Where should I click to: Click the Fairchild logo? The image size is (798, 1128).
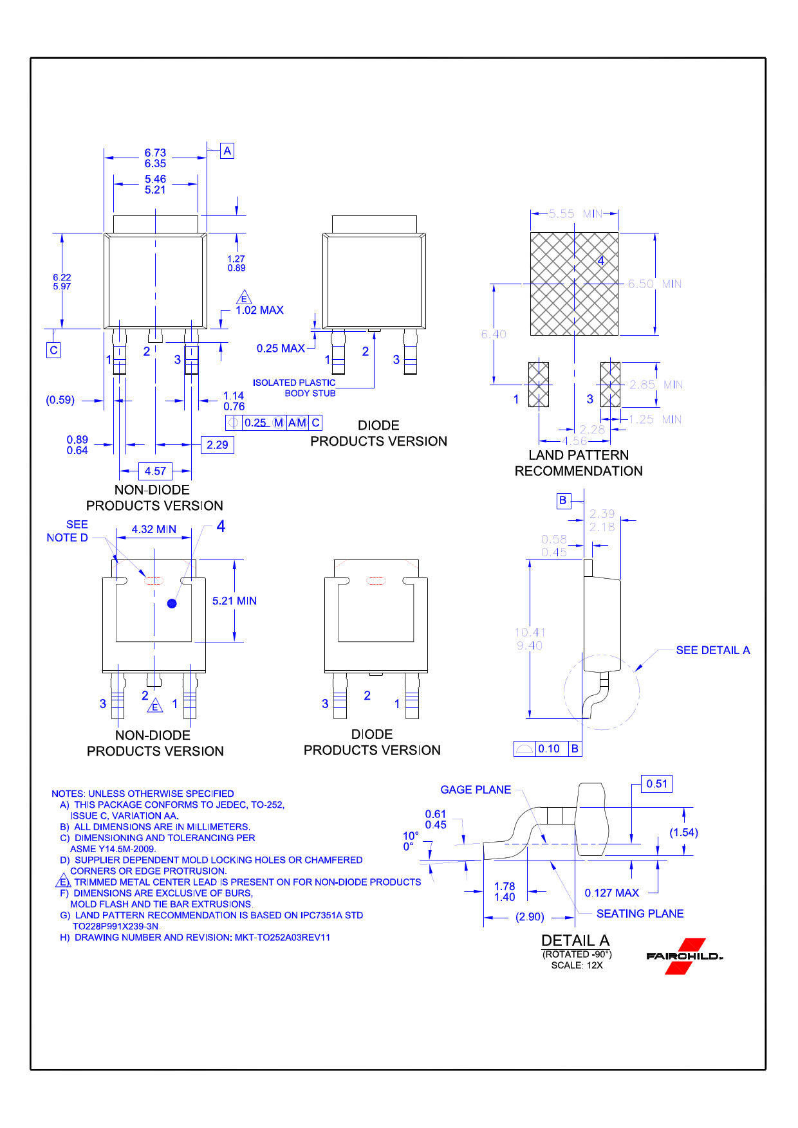coord(685,956)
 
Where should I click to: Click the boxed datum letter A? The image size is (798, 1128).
coord(227,151)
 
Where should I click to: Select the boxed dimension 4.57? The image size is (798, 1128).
coord(155,471)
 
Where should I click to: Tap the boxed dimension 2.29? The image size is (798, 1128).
coord(218,445)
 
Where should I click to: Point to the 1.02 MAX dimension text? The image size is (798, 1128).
coord(259,310)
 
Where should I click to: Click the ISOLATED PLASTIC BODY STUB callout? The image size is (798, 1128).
coord(294,388)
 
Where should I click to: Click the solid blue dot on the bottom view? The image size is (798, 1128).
coord(172,603)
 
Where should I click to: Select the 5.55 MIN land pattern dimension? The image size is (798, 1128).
coord(575,214)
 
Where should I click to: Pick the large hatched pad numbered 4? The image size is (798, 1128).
coord(574,284)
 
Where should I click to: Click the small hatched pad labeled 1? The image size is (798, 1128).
coord(539,385)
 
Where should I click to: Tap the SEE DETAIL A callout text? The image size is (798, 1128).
coord(713,650)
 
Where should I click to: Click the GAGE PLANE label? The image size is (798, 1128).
coord(476,790)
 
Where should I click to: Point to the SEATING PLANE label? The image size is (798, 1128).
coord(640,914)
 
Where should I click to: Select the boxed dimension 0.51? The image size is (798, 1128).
coord(657,784)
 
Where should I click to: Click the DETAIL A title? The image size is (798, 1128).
coord(575,941)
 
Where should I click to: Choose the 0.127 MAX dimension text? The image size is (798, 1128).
coord(612,893)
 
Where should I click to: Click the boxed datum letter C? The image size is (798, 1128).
coord(54,350)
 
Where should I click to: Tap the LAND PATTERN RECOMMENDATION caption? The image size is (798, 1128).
coord(579,463)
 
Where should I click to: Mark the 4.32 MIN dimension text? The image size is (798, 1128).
coord(154,529)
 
